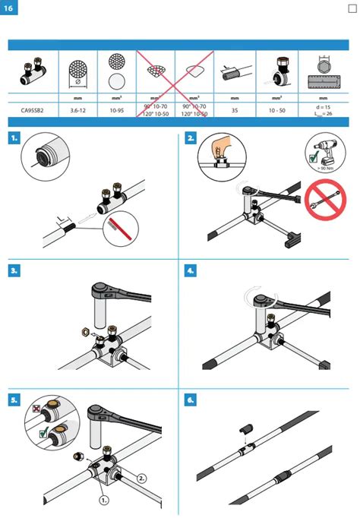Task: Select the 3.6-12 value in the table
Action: [77, 110]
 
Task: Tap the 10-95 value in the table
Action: [116, 110]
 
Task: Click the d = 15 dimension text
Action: [323, 107]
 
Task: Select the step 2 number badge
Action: [191, 139]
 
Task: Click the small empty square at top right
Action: [352, 9]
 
